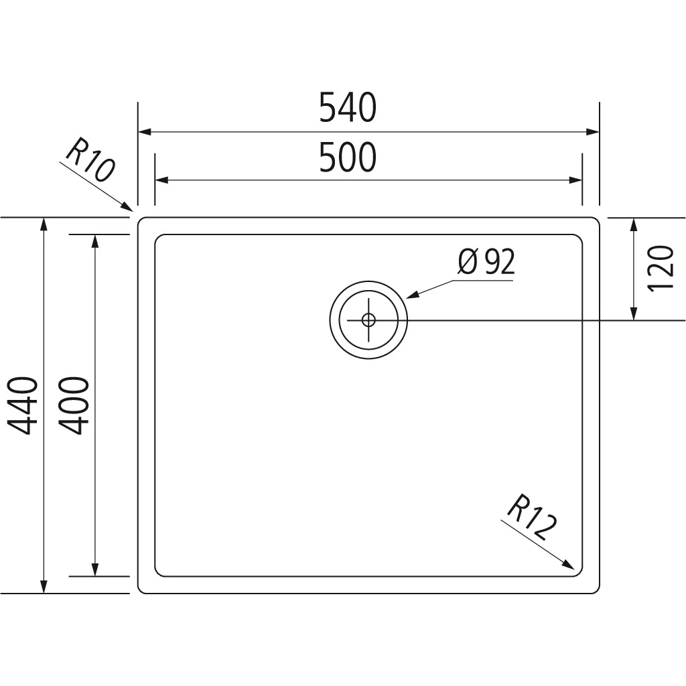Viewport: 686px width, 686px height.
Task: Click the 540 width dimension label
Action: (348, 107)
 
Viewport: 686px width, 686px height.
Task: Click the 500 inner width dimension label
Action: (348, 157)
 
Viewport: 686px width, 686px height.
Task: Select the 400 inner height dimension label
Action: (74, 405)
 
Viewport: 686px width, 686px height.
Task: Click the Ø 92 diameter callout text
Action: (486, 262)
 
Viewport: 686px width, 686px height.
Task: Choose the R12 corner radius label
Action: (532, 518)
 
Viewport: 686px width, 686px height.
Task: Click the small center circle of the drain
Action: (368, 320)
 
